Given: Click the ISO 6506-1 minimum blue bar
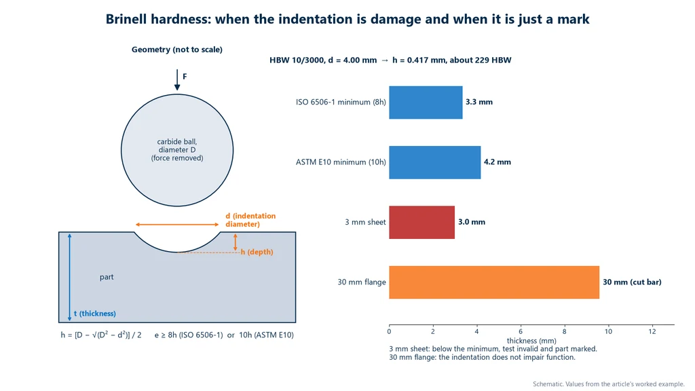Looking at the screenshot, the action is [426, 103].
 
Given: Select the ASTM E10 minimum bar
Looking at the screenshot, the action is [435, 162].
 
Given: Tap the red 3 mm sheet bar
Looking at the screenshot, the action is [421, 222].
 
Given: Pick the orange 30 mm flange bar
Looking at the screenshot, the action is [494, 282].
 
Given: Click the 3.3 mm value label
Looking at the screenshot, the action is [478, 102].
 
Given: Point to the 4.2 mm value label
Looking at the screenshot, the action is [497, 162].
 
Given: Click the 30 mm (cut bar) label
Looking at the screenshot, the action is [632, 282].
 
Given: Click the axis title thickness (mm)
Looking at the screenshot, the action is [531, 341].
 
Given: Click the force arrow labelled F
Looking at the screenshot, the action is [177, 80].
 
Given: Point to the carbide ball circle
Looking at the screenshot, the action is [121, 150].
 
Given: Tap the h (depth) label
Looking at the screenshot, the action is [257, 252].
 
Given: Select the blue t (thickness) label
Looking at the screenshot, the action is [95, 314].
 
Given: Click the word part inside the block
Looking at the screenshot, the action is [107, 277].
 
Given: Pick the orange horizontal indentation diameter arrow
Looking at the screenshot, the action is [177, 225].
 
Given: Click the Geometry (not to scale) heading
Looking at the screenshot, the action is [177, 50].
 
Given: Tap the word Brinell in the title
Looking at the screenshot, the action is [126, 19].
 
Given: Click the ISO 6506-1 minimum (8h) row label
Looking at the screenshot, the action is [341, 102].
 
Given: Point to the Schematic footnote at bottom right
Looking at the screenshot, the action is [609, 384].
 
